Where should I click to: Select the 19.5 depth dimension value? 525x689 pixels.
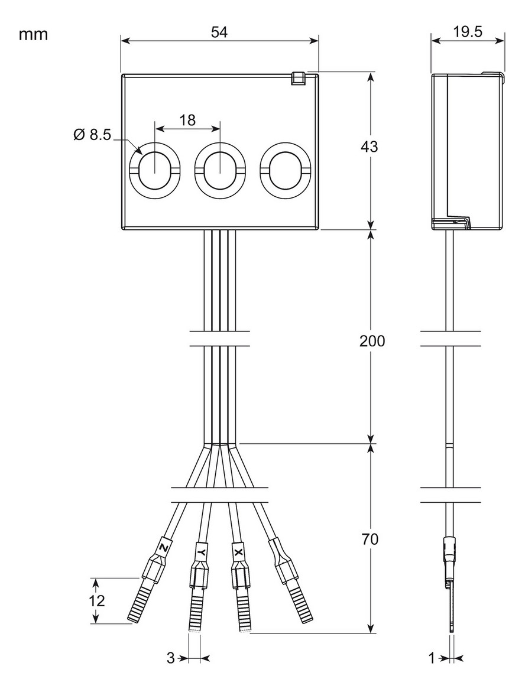[467, 32]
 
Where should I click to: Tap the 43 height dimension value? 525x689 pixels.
[370, 147]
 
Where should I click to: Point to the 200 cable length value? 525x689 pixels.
[372, 342]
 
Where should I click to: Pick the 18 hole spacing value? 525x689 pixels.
[187, 121]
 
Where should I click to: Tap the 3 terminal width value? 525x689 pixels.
[170, 658]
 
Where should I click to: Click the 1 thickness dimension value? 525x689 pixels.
[432, 658]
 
